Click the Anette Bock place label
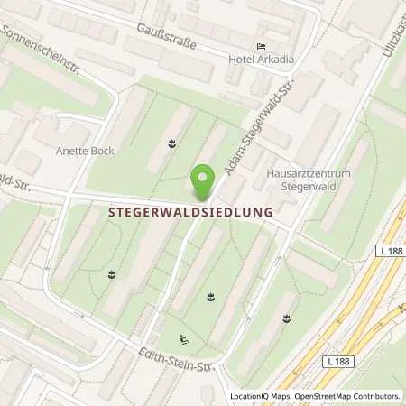click(85, 151)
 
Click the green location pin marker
click(204, 181)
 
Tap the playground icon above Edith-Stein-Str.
click(184, 339)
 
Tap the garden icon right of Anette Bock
click(171, 142)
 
